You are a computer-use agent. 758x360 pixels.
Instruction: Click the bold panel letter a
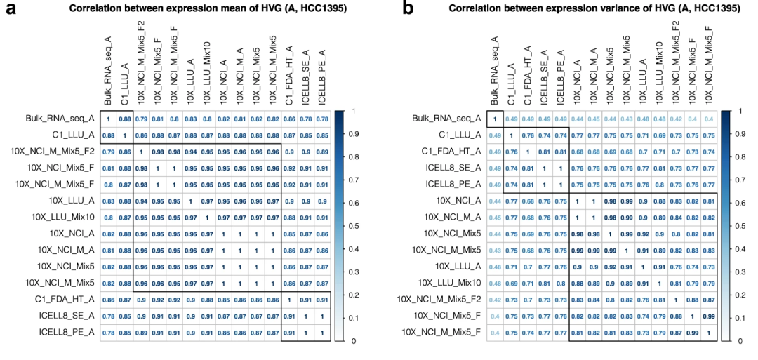pos(10,9)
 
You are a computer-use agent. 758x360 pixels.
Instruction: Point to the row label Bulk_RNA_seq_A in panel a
pos(65,120)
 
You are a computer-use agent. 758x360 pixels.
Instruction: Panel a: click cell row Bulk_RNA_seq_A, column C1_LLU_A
pos(125,120)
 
